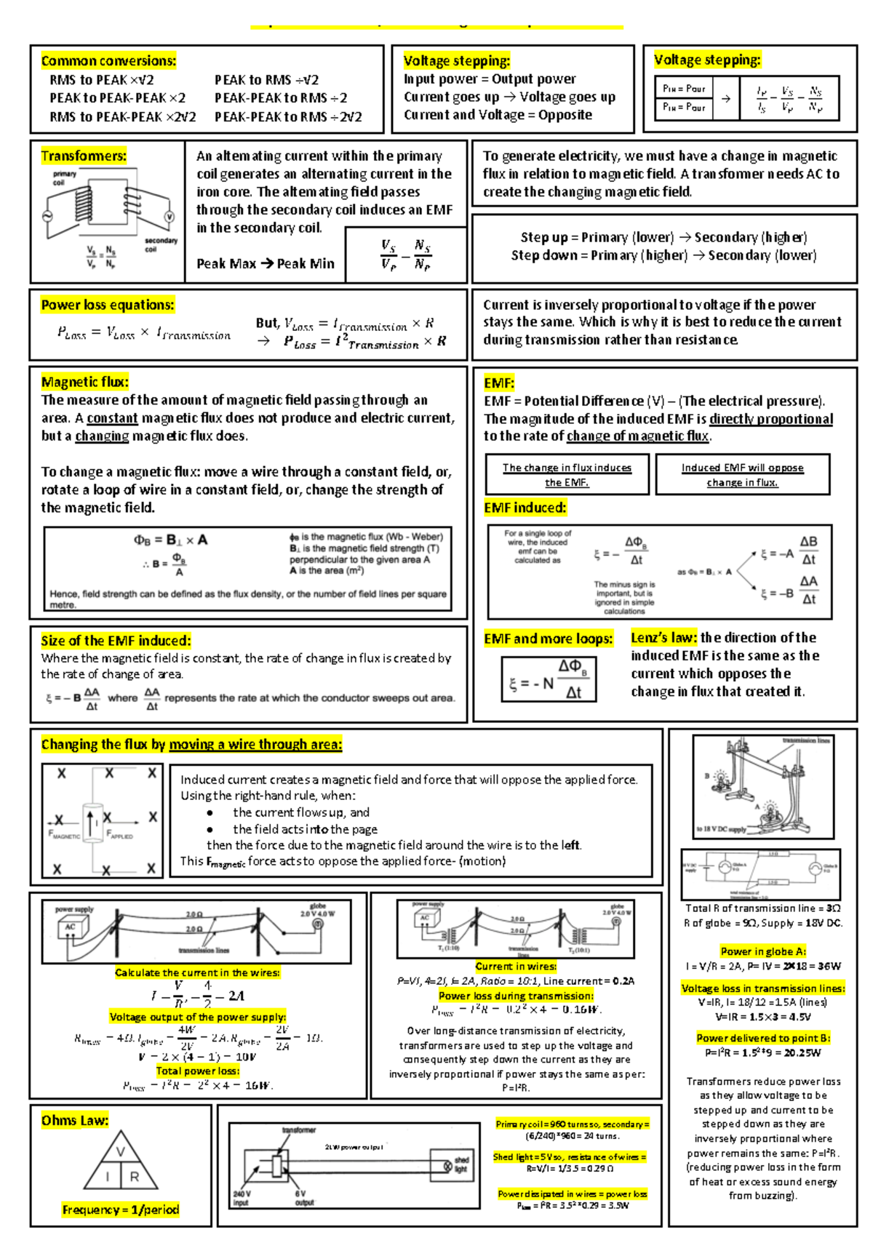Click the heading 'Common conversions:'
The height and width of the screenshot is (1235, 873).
click(x=108, y=61)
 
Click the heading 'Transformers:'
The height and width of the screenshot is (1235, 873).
click(x=84, y=156)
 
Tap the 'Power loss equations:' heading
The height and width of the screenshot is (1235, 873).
click(x=108, y=305)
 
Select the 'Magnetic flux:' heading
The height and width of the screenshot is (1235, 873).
click(x=84, y=382)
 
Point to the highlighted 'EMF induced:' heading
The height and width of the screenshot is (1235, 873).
click(x=525, y=508)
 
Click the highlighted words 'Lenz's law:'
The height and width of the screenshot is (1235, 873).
click(x=663, y=638)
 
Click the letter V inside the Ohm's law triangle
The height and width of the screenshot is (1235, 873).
click(x=121, y=1151)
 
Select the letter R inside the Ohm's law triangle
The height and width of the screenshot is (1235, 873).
click(x=135, y=1176)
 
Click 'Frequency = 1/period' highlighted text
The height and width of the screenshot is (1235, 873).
click(x=121, y=1210)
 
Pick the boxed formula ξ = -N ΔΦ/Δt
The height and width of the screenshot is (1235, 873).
click(x=549, y=679)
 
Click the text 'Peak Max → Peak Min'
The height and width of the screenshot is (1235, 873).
click(x=266, y=264)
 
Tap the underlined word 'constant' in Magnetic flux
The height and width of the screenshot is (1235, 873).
click(x=112, y=418)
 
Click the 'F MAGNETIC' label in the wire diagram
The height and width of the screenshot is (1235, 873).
click(x=64, y=836)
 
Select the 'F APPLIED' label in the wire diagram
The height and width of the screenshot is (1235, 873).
click(x=120, y=836)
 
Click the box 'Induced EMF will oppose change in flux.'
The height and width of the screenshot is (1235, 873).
click(x=742, y=475)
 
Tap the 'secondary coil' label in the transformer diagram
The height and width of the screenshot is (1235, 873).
click(x=161, y=244)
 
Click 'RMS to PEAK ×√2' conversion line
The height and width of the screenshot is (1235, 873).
click(x=102, y=80)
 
